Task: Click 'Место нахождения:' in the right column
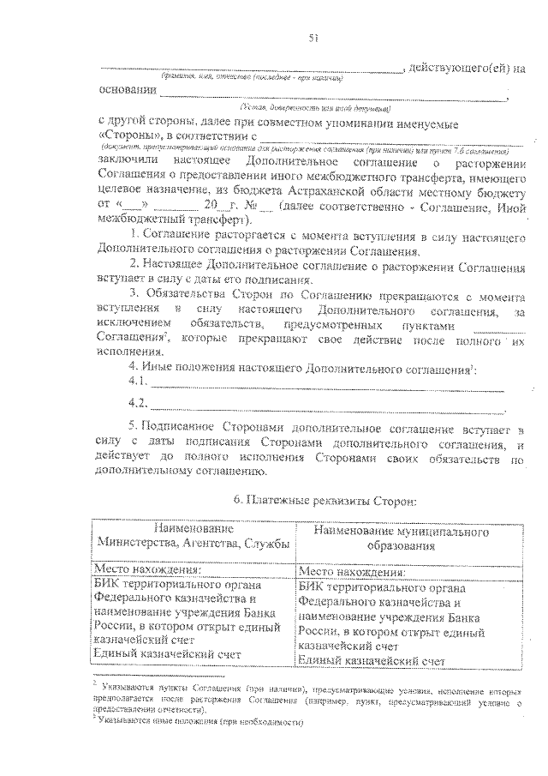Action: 351,568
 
